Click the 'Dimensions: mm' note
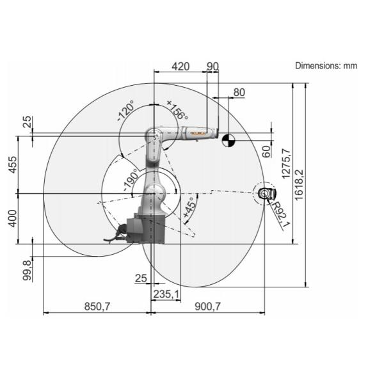(326, 66)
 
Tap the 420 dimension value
(180, 67)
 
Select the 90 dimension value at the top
(212, 67)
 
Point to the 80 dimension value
(239, 92)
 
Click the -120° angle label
(126, 111)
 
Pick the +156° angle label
(177, 110)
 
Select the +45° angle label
(189, 207)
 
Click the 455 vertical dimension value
(13, 164)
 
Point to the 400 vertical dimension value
(13, 218)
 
